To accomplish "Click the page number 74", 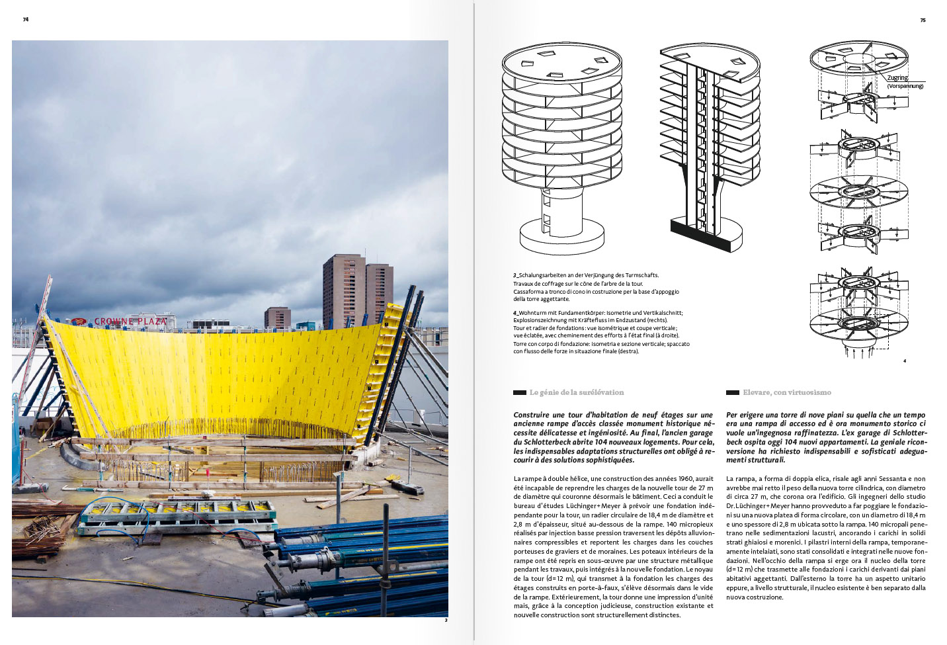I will click(x=26, y=19).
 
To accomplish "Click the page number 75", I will click(x=923, y=20).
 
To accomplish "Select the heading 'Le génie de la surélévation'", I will click(x=576, y=392).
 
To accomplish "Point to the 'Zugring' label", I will click(x=897, y=78).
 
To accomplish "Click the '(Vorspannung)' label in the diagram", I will click(x=905, y=86).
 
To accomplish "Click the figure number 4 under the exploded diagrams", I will click(x=904, y=361).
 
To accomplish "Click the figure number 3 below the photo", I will click(x=446, y=620).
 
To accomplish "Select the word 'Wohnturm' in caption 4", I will click(x=532, y=313).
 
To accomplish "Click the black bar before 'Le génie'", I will click(x=520, y=392).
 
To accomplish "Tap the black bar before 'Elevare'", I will click(x=732, y=392).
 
